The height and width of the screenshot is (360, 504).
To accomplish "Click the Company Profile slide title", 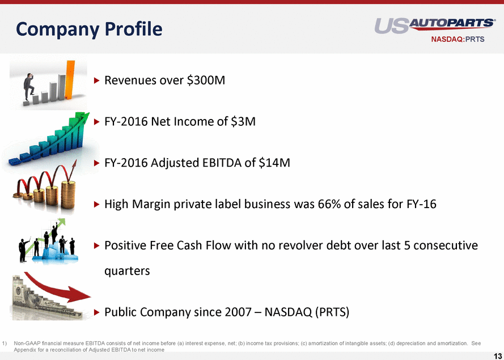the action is point(89,29).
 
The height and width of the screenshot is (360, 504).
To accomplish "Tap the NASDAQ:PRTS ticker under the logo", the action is point(458,39).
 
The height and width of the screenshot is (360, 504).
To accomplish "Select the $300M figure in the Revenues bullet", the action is point(206,80).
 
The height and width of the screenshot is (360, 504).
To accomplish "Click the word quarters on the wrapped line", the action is point(127,271).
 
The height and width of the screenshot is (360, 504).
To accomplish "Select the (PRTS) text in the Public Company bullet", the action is point(332,312).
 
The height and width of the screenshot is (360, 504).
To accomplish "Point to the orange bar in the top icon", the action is point(70,80).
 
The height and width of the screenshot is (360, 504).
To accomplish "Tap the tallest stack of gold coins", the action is point(68,195).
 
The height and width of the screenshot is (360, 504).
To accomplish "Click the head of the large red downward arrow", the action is point(81,295).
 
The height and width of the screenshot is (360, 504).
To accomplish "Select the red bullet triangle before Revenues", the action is point(97,81).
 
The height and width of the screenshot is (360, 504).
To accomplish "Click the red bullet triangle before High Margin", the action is point(97,204).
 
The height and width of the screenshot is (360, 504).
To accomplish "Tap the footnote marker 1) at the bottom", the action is point(5,344).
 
